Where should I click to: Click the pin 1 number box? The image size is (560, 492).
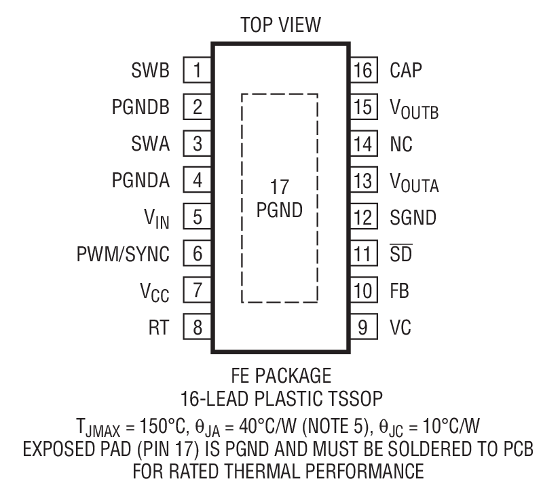click(x=198, y=70)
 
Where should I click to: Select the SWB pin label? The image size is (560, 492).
click(x=151, y=70)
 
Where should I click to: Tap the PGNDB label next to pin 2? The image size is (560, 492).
click(x=141, y=107)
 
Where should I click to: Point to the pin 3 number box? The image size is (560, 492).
click(x=198, y=144)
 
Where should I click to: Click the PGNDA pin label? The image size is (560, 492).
click(x=141, y=181)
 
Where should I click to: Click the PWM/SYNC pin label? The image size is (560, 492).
click(x=123, y=254)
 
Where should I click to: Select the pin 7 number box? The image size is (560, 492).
click(x=198, y=291)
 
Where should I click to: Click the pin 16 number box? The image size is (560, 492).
click(x=364, y=70)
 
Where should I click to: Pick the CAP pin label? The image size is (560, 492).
click(x=406, y=70)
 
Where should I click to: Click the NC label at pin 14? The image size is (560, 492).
click(x=401, y=144)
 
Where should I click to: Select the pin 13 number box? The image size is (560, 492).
click(x=364, y=181)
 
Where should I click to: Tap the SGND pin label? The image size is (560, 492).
click(x=413, y=218)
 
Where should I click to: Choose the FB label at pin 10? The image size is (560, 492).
click(x=399, y=291)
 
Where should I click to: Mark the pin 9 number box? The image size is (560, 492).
click(x=364, y=328)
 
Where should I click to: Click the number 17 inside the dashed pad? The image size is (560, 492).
click(x=280, y=187)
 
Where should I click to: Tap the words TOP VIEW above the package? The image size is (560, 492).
click(x=280, y=25)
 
